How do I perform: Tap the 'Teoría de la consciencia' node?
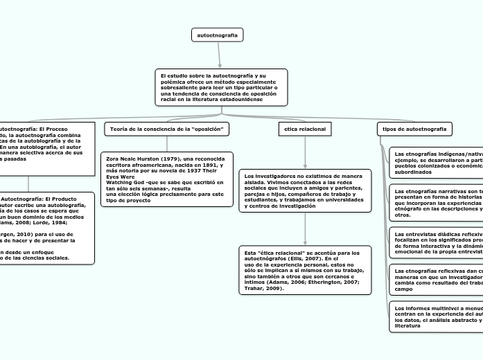tap(166, 129)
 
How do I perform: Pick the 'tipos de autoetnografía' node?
tap(414, 129)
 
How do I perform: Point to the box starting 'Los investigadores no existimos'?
tap(305, 190)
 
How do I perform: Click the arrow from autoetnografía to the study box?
tap(220, 55)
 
